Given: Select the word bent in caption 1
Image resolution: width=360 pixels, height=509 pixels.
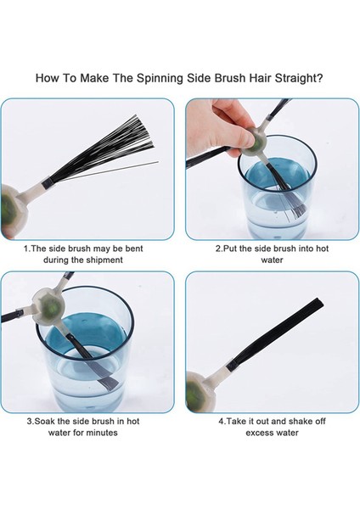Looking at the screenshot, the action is [x=133, y=249].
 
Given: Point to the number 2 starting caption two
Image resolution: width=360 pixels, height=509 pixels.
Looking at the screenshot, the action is [x=218, y=249].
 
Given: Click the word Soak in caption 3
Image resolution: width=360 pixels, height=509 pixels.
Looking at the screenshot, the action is [x=45, y=422].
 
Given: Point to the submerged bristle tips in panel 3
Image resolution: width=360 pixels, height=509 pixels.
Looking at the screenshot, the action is [x=107, y=383].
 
